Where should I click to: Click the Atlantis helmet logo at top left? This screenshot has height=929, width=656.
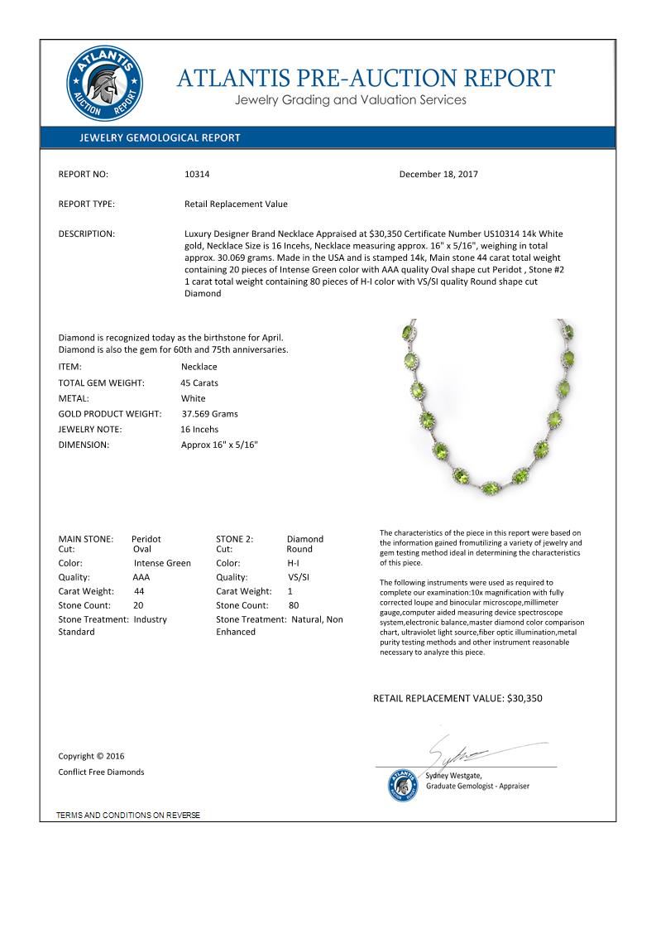(x=104, y=84)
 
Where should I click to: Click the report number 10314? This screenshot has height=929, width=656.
(x=197, y=175)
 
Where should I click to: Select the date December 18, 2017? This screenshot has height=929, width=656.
(x=438, y=175)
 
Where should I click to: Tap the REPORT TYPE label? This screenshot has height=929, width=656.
(x=86, y=205)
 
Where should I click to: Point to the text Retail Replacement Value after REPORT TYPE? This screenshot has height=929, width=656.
(x=236, y=205)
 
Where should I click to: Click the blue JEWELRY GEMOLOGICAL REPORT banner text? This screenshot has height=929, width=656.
(x=160, y=138)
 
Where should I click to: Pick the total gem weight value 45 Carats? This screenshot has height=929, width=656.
(x=199, y=383)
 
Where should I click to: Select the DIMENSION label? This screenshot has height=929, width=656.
(x=83, y=445)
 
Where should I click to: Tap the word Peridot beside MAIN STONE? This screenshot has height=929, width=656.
(x=146, y=539)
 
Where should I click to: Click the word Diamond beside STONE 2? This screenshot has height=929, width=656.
(x=305, y=539)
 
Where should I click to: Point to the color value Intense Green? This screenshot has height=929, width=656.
(x=162, y=564)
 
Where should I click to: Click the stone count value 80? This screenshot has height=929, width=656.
(x=293, y=606)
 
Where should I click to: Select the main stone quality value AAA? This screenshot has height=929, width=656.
(x=141, y=578)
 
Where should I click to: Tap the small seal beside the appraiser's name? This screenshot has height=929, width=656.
(x=404, y=784)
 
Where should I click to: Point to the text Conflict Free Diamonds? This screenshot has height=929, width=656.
(x=101, y=773)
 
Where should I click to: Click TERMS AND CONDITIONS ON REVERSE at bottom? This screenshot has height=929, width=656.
(x=128, y=816)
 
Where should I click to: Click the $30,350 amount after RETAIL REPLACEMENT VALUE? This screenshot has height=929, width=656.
(x=524, y=699)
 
